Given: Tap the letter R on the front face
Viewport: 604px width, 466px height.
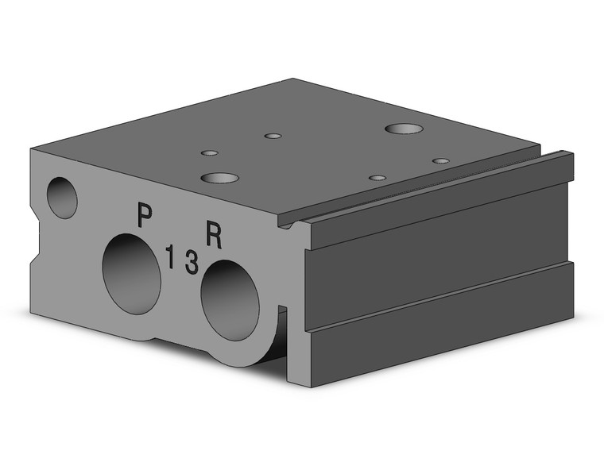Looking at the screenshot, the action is tap(214, 235).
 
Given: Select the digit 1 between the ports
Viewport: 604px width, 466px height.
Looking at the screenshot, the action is tap(169, 256).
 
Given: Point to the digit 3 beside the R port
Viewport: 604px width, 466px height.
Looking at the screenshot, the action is tap(192, 262).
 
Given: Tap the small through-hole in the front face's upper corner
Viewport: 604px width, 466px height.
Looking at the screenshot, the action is tap(62, 198).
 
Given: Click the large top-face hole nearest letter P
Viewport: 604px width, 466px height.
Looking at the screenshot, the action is tap(220, 178).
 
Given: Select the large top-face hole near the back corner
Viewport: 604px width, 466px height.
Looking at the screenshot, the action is tap(404, 129).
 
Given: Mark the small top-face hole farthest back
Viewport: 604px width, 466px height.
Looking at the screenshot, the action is tap(273, 137).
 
